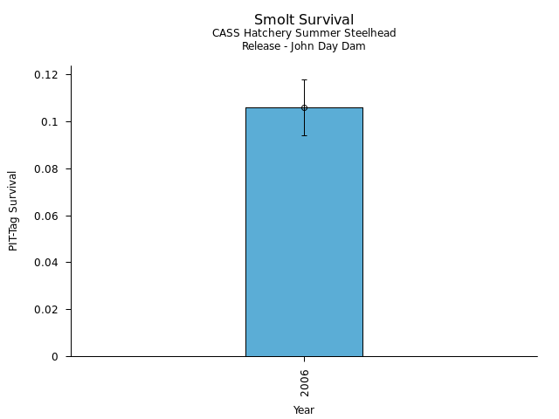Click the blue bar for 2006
click(x=304, y=236)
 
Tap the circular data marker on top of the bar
click(x=304, y=107)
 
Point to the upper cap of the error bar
click(x=304, y=79)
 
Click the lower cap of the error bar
click(x=304, y=135)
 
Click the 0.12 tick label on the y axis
click(x=46, y=75)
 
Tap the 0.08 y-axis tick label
click(x=46, y=168)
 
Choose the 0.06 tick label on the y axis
click(x=46, y=216)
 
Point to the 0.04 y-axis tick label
click(x=46, y=263)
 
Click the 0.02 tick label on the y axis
click(x=46, y=310)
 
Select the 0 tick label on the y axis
click(x=55, y=356)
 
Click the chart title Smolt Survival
click(x=304, y=19)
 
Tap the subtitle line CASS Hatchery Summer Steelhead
click(x=304, y=33)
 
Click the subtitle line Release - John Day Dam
click(x=304, y=46)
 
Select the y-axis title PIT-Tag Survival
click(x=13, y=210)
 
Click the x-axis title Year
click(x=304, y=409)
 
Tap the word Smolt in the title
click(x=274, y=19)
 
